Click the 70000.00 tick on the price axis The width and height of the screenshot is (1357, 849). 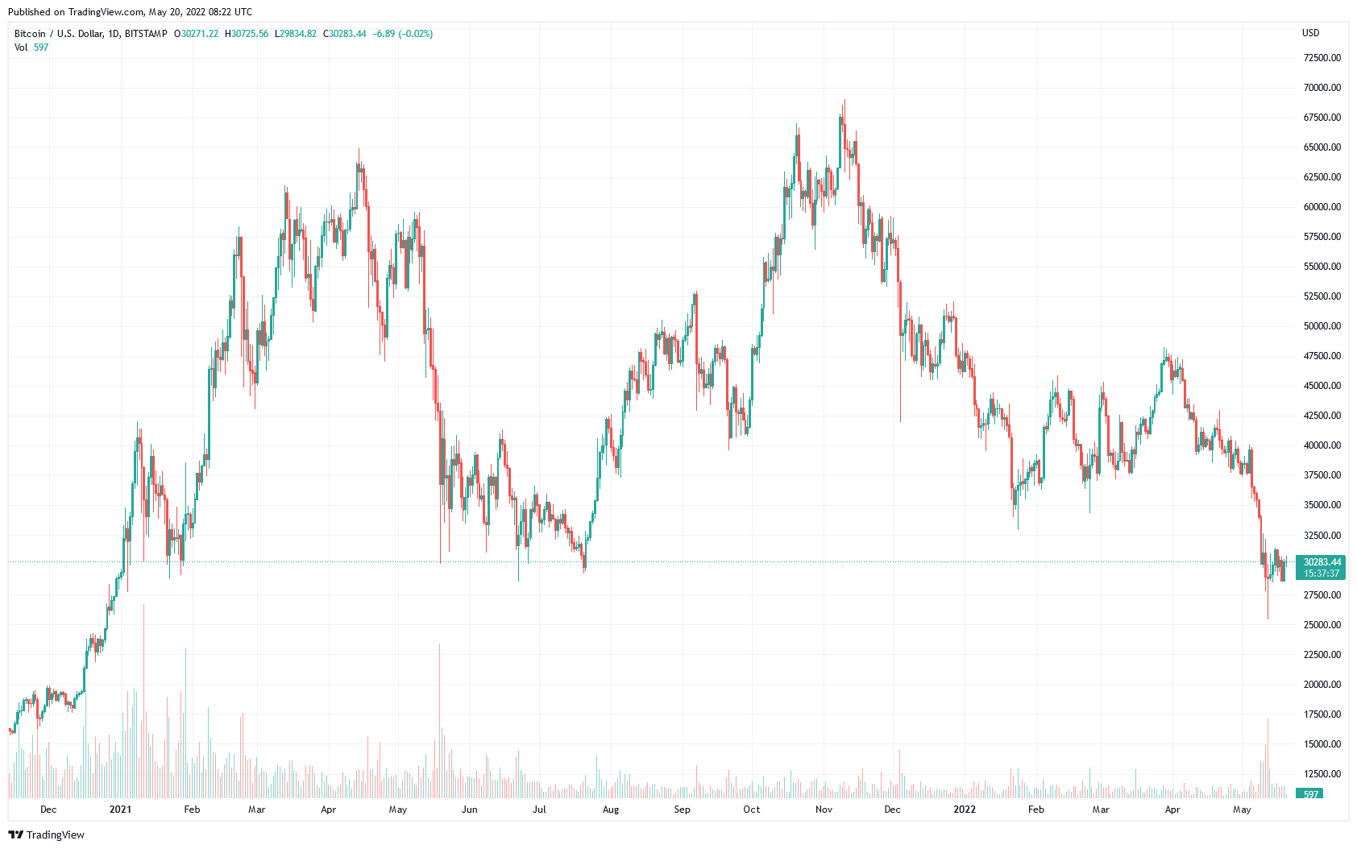(1322, 88)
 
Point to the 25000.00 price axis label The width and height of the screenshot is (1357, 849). (1322, 625)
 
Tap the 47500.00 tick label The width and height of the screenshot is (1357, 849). (1322, 356)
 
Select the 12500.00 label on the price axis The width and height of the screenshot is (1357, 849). (1322, 774)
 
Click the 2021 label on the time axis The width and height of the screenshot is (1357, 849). (120, 810)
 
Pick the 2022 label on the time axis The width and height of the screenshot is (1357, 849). (964, 810)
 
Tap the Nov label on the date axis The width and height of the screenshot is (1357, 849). (824, 810)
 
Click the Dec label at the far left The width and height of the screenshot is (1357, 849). (48, 810)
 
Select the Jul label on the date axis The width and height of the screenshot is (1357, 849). (539, 810)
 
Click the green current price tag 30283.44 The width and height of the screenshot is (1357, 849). (1322, 562)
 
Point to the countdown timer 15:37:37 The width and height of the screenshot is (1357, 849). (1322, 574)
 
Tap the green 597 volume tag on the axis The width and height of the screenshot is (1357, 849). (1311, 795)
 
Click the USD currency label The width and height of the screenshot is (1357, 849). (1311, 33)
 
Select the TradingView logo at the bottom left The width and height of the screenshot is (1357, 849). (46, 835)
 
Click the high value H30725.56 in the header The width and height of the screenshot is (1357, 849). (247, 34)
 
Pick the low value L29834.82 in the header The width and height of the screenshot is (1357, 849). (296, 34)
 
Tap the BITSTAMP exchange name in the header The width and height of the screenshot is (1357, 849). (146, 34)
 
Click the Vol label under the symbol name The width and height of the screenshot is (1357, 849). (21, 48)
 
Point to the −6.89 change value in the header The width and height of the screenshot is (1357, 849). (384, 34)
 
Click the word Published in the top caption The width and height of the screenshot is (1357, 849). (29, 12)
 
